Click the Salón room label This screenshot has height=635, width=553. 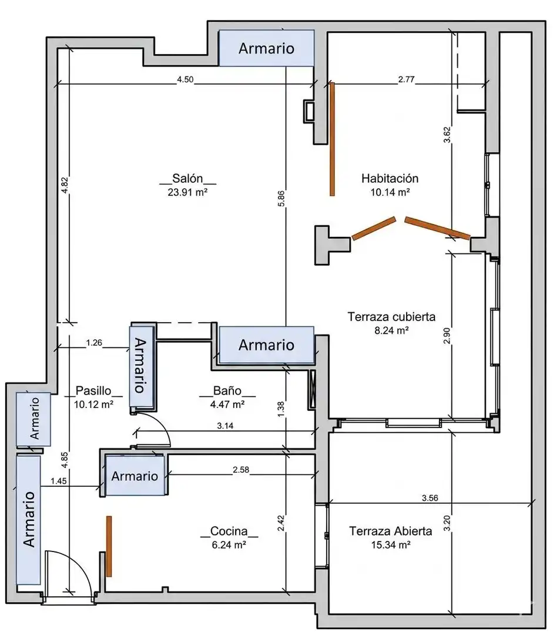(x=187, y=178)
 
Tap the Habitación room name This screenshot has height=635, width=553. (x=390, y=178)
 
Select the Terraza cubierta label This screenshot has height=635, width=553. (x=391, y=317)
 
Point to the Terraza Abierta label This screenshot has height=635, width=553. (x=391, y=531)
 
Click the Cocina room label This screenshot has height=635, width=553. (x=229, y=531)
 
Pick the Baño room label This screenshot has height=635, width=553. (x=227, y=390)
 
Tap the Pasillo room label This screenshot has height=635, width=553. (x=93, y=390)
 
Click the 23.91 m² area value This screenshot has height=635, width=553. (x=187, y=192)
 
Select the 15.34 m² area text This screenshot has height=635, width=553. (x=391, y=544)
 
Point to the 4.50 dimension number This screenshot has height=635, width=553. (x=185, y=79)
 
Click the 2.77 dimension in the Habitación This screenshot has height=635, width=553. (x=406, y=79)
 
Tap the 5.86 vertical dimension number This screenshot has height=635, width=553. (x=281, y=199)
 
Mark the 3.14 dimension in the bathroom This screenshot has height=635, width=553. (x=225, y=426)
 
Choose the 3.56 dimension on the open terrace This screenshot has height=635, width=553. (x=430, y=498)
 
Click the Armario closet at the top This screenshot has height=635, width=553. (x=266, y=48)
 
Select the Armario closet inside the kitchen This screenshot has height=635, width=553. (x=135, y=476)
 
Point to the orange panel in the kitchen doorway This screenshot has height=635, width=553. (x=109, y=546)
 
